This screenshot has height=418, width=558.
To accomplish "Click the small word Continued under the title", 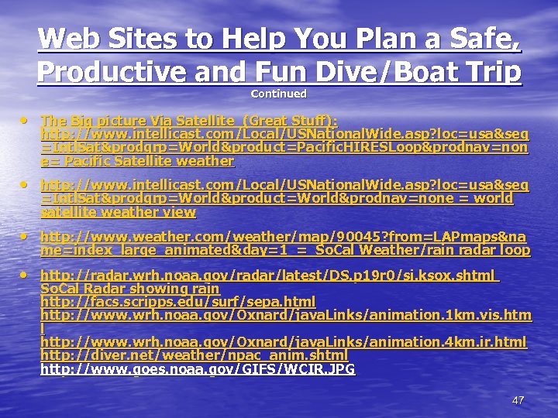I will (279, 94).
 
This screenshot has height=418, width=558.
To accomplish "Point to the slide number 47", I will (518, 400).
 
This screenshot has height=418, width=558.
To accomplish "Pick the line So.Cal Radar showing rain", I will (129, 288).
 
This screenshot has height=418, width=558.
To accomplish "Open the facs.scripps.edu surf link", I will (178, 301).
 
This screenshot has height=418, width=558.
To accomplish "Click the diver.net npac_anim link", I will (194, 355).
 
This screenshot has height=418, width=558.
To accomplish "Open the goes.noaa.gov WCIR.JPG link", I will (198, 369).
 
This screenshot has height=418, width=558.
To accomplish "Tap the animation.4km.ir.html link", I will (283, 341).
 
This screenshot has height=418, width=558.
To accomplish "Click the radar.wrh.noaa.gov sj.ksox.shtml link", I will (267, 275).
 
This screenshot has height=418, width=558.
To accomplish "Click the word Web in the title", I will (69, 39).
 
